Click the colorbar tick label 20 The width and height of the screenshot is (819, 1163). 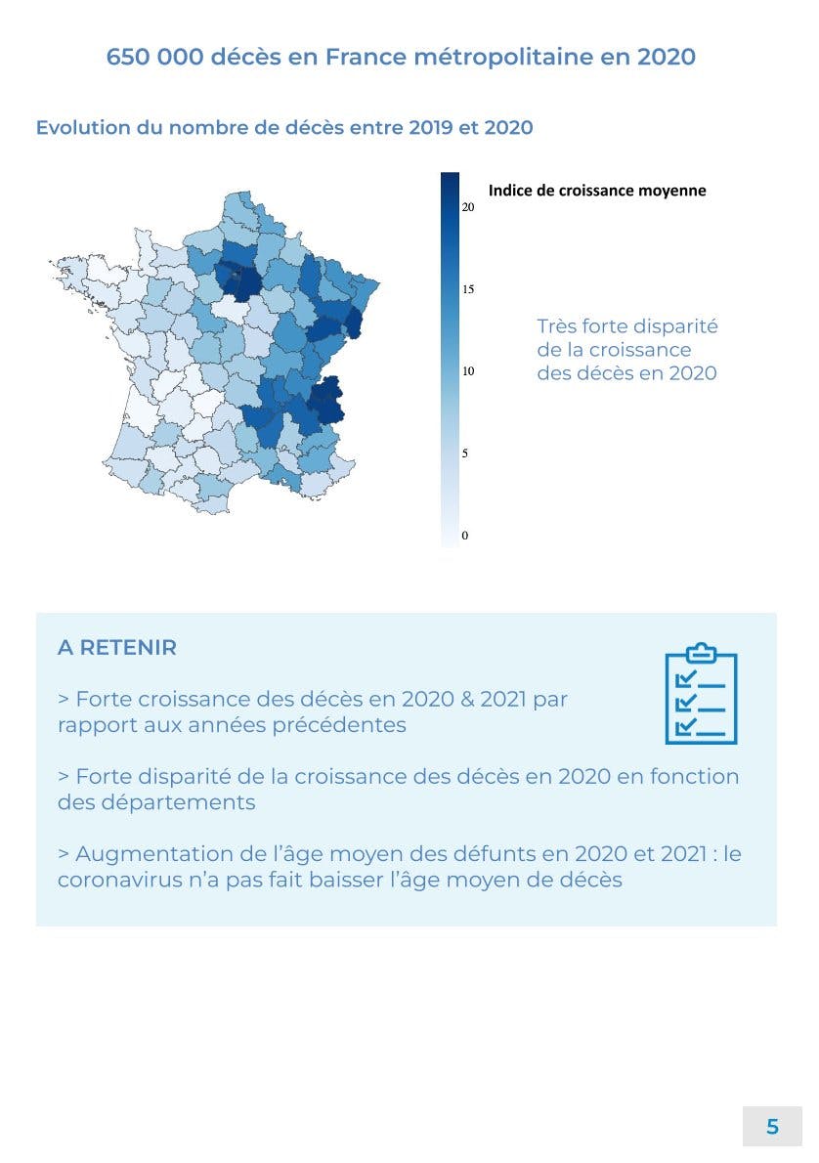click(468, 207)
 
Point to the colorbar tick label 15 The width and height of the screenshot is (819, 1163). click(468, 289)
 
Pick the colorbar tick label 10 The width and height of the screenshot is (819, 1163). click(468, 371)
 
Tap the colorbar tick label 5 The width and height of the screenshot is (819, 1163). click(465, 453)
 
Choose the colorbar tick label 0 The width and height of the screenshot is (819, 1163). click(465, 536)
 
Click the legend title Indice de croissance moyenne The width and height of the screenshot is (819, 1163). click(596, 191)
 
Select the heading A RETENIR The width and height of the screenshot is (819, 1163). click(117, 648)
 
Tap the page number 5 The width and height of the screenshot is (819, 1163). click(772, 1127)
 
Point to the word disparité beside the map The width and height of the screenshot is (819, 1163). click(670, 326)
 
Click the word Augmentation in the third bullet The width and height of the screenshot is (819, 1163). click(151, 853)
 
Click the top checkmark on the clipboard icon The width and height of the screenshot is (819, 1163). click(686, 676)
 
